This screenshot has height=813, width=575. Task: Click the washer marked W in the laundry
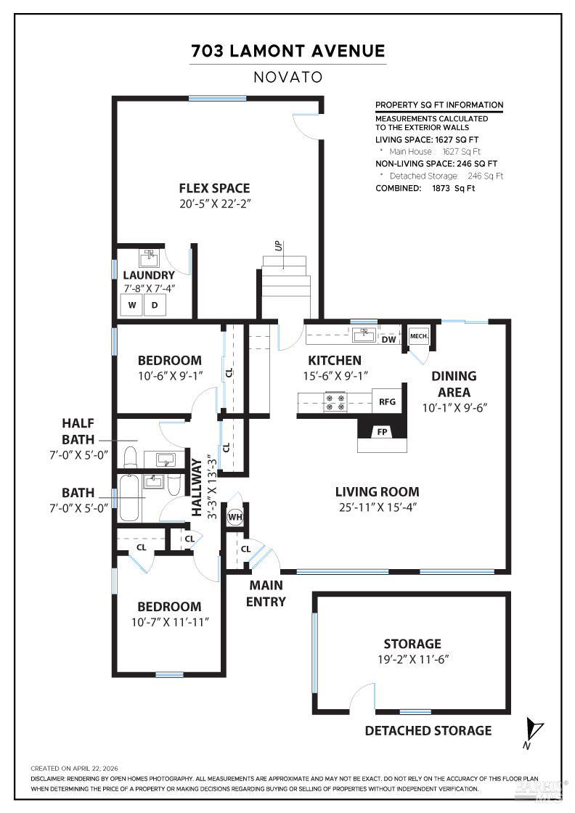pyautogui.click(x=131, y=305)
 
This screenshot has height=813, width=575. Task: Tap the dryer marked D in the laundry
pyautogui.click(x=155, y=305)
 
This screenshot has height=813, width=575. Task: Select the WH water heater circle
pyautogui.click(x=235, y=517)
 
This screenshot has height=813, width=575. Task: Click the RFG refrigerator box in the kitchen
pyautogui.click(x=387, y=401)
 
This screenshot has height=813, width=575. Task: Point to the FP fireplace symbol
pyautogui.click(x=382, y=431)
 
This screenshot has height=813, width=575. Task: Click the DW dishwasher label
pyautogui.click(x=389, y=340)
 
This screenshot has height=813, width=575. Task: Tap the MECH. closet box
pyautogui.click(x=419, y=336)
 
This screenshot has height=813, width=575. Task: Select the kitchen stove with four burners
pyautogui.click(x=335, y=402)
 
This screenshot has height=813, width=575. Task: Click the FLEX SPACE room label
pyautogui.click(x=215, y=188)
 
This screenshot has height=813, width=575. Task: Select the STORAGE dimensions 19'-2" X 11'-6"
pyautogui.click(x=412, y=660)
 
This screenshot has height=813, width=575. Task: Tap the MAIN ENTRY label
pyautogui.click(x=266, y=594)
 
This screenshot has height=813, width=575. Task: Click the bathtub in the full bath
pyautogui.click(x=130, y=498)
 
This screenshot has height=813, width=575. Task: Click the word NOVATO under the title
pyautogui.click(x=288, y=77)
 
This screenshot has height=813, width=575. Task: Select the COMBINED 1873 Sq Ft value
pyautogui.click(x=453, y=188)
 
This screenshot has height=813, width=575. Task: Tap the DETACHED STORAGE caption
pyautogui.click(x=428, y=730)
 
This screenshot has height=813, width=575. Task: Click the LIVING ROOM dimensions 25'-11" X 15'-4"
pyautogui.click(x=378, y=507)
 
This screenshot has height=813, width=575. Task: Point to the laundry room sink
pyautogui.click(x=150, y=258)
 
